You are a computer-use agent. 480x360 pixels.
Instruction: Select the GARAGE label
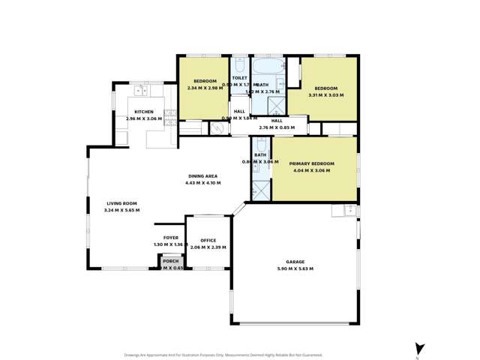[x=295, y=262]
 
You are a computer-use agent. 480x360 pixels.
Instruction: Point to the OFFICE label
[x=208, y=240]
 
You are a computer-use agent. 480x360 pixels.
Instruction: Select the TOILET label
[x=240, y=78]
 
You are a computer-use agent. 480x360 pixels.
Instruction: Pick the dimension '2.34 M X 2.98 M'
[x=205, y=88]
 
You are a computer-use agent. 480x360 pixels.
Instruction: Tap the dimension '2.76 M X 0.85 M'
[x=277, y=127]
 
